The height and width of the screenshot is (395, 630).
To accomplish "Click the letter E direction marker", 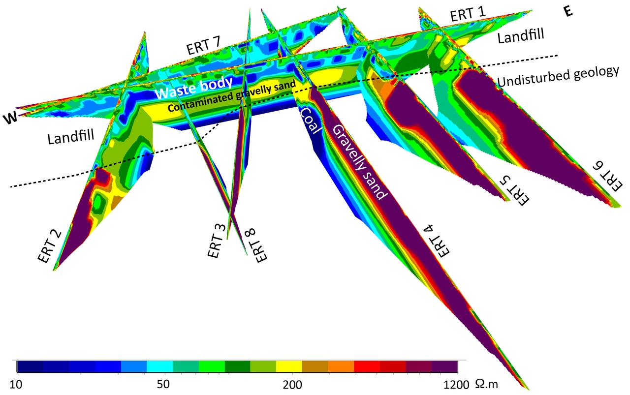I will tap(568, 12).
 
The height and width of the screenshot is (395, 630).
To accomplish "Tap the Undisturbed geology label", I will tap(557, 76).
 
